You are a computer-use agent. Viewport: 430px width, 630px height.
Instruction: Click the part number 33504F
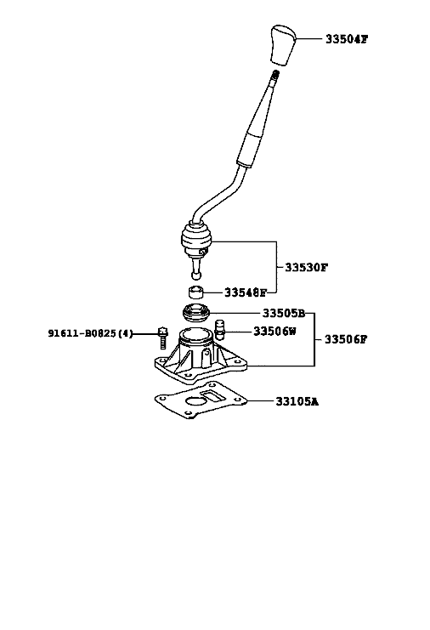tap(347, 39)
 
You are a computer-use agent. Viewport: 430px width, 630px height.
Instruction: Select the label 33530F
tap(306, 267)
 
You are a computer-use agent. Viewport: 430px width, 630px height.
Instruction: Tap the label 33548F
tap(246, 292)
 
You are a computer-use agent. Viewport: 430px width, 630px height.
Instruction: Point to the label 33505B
tap(284, 313)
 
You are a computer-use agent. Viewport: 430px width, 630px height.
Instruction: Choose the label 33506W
tap(274, 331)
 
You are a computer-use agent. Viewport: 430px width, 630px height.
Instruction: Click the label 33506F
tap(346, 339)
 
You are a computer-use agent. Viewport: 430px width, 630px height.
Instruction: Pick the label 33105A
tap(297, 401)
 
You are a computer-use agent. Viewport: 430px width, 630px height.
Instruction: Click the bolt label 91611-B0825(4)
tap(90, 333)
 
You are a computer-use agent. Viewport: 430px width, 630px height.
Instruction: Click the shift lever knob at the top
tap(284, 44)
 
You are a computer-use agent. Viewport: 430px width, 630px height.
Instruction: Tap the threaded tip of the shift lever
tap(275, 74)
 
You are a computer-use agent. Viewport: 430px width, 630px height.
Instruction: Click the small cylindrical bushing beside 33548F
tap(196, 292)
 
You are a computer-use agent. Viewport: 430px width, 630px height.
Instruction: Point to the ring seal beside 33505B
tap(196, 313)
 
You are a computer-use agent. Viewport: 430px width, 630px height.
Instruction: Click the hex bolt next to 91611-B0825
tap(162, 338)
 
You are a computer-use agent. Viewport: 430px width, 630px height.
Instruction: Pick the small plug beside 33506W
tap(219, 330)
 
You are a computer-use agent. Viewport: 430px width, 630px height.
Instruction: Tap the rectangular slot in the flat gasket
tap(213, 395)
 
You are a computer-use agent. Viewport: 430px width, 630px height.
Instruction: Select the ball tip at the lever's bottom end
tap(196, 275)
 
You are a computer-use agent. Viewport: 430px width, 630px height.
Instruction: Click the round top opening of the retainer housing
tap(195, 334)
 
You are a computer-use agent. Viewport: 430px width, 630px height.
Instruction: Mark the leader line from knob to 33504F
tap(309, 39)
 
